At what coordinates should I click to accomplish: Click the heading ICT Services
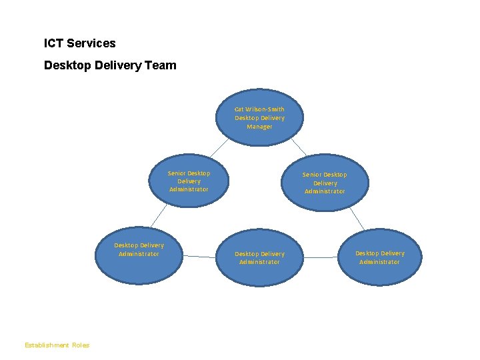click(x=79, y=43)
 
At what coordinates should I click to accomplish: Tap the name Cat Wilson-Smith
click(x=259, y=109)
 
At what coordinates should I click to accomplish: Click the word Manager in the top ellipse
click(x=259, y=127)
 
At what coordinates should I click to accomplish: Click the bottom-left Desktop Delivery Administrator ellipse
click(x=139, y=267)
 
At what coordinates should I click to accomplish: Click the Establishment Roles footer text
click(x=57, y=345)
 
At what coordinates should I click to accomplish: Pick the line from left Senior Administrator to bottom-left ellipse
click(x=157, y=215)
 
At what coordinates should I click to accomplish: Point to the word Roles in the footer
click(x=81, y=345)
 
